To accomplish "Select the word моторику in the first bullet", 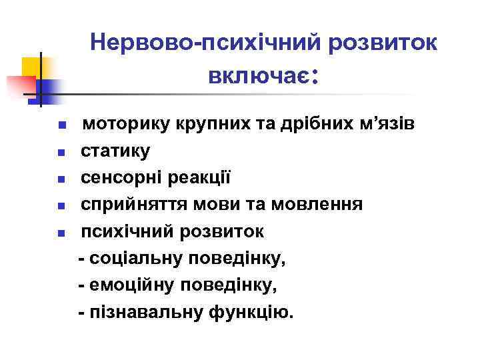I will tap(121, 125).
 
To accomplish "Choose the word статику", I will tap(115, 151).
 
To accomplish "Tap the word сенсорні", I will tap(123, 178).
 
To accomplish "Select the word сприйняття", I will tap(132, 205).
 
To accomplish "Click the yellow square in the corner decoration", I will tap(31, 67).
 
